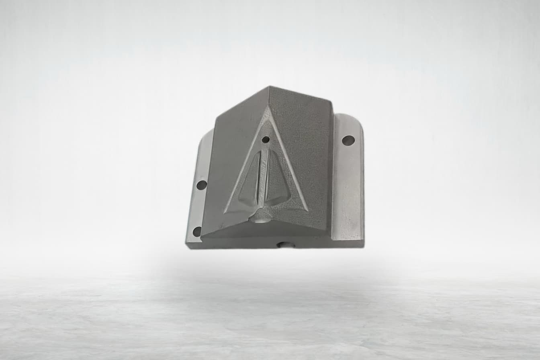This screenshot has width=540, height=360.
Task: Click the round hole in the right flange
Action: [x=348, y=140]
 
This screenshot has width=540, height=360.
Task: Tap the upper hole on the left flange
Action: [x=201, y=185]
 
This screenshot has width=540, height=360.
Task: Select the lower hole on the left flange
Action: [x=197, y=231]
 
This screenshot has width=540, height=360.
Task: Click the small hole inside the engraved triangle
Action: [x=266, y=139]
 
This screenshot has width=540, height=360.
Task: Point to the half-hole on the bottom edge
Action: [x=286, y=244]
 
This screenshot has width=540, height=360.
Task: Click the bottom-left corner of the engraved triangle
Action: [x=225, y=213]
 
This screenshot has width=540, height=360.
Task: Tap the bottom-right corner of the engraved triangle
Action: [x=307, y=210]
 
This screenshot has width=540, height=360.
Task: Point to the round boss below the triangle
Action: [x=260, y=218]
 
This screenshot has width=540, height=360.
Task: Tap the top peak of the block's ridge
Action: [x=269, y=87]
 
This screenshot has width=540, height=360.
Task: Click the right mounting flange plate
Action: [x=348, y=181]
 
